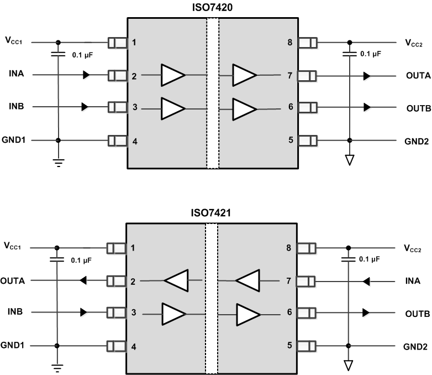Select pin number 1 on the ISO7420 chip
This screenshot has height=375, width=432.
pos(134,43)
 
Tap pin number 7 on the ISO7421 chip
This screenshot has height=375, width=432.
pos(289,281)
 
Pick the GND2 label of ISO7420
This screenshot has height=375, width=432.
pos(416,140)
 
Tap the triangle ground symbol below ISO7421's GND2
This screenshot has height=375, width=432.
pos(348,366)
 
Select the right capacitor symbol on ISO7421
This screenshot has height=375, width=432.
pos(348,259)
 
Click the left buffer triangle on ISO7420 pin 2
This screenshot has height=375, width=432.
pos(172,75)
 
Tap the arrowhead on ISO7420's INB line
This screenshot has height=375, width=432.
pos(85,106)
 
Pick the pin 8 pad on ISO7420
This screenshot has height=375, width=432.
pos(307,43)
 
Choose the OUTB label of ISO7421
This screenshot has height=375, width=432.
pos(417,312)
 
